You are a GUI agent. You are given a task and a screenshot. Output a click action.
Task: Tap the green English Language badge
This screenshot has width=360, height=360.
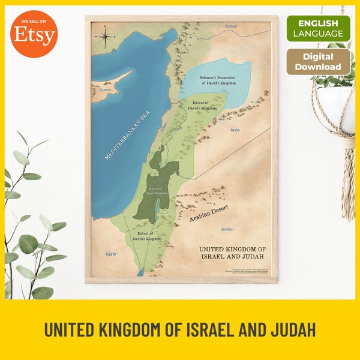[x=318, y=28]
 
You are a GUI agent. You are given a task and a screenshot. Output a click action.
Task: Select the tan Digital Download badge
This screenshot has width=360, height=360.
[x=318, y=62]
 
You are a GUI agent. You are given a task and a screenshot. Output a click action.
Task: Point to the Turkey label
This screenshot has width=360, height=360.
[x=231, y=26]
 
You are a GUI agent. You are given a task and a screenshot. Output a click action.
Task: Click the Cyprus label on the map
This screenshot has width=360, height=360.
[x=106, y=89]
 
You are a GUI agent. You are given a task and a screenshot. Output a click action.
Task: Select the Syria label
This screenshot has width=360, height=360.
[x=235, y=129]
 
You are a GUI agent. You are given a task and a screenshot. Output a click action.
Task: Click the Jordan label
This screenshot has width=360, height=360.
[x=226, y=229]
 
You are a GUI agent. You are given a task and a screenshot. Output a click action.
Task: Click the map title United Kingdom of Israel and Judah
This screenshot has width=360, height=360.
[x=231, y=253]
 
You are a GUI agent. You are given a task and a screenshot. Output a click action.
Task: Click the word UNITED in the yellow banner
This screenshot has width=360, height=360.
[x=71, y=329]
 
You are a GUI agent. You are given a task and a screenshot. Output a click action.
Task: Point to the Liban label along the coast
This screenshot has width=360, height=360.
[x=166, y=126]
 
